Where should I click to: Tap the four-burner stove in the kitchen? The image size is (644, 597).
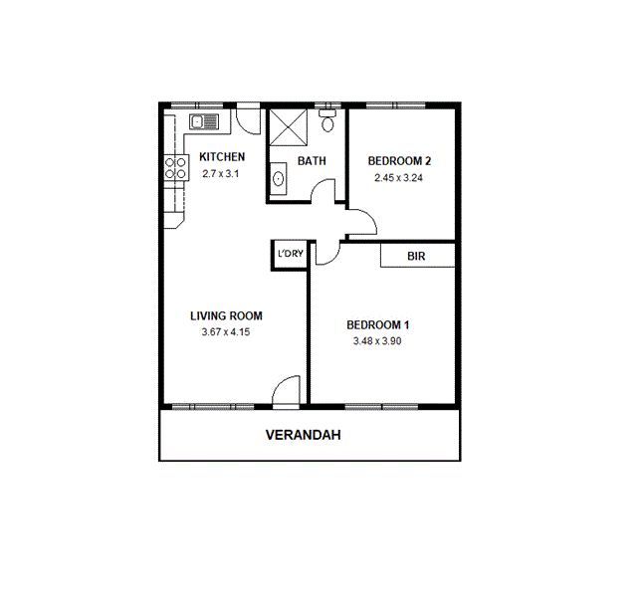tap(176, 167)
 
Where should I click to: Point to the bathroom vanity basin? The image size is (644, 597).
tap(278, 180)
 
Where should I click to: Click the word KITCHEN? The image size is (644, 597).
tap(222, 157)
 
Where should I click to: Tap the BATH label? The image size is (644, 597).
tap(312, 161)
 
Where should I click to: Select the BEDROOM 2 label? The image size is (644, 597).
tap(398, 161)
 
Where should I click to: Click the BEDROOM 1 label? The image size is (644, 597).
tap(377, 325)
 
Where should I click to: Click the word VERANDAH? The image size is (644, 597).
tap(311, 435)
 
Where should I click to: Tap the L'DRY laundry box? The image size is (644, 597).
tap(290, 255)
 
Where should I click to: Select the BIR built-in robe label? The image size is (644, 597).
tap(416, 256)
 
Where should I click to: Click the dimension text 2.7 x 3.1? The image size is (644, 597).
tap(221, 174)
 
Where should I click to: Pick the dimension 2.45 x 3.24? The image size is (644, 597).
tap(398, 178)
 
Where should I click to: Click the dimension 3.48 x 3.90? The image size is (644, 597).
tap(377, 341)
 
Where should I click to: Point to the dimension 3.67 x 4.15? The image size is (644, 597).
tap(225, 332)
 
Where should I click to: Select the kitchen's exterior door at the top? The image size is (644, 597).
tap(249, 117)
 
